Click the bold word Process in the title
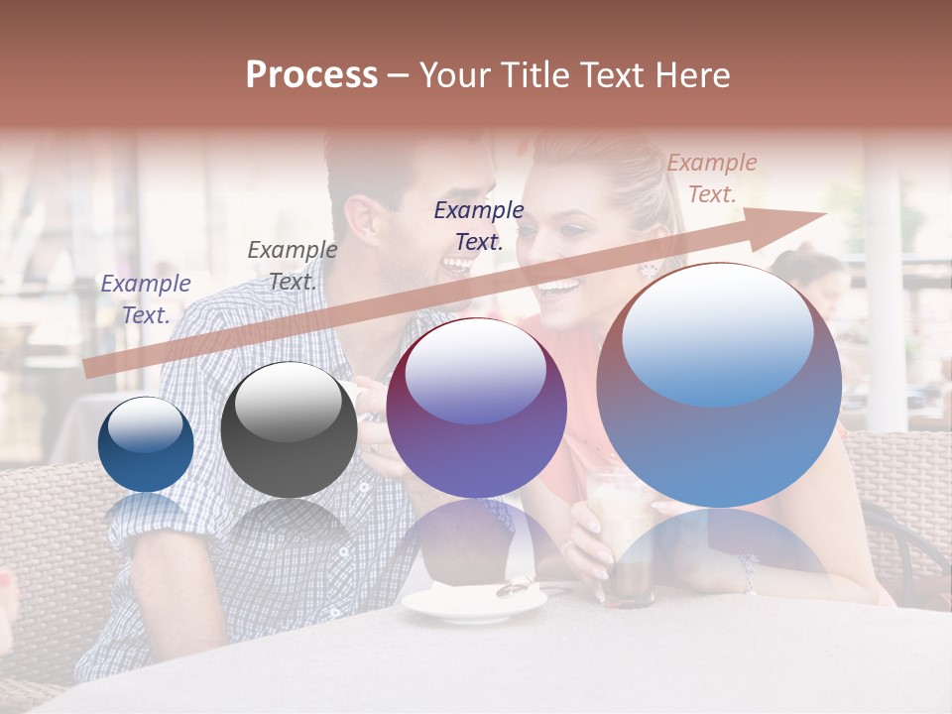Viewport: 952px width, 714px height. click(311, 75)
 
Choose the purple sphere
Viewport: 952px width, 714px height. click(476, 408)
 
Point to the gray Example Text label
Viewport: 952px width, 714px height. click(292, 266)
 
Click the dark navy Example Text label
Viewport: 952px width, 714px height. click(479, 225)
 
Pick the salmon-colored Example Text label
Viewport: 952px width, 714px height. click(711, 178)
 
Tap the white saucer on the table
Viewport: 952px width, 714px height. click(473, 601)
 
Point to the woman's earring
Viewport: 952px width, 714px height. click(649, 269)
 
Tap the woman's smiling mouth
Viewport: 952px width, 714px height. click(558, 289)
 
